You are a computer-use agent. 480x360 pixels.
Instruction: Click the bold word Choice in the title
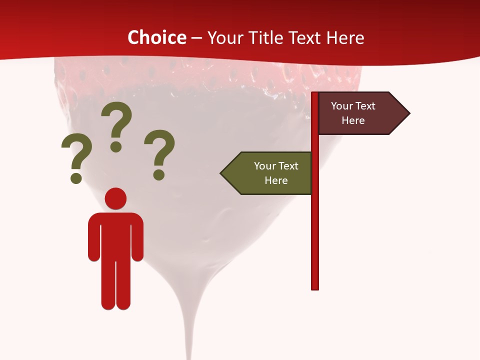156,37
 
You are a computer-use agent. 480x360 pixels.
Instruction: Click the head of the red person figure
115,198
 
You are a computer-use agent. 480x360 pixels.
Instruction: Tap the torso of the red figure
115,235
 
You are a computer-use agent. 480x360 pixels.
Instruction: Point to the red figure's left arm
94,237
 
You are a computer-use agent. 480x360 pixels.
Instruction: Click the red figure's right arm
137,237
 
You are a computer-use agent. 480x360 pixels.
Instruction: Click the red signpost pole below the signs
315,240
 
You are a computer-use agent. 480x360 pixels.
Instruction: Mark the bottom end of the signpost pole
315,287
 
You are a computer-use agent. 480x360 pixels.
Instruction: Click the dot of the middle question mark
116,146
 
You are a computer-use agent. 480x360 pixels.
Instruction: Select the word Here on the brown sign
353,120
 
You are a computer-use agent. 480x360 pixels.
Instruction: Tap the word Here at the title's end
345,37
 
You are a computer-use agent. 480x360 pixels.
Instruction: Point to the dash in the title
196,38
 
